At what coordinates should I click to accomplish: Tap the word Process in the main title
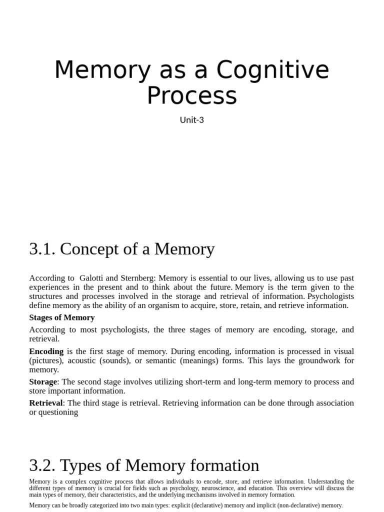[191, 95]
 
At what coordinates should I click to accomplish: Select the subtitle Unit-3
[192, 120]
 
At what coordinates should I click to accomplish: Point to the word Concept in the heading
[91, 248]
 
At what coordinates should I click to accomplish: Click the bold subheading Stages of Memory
[62, 317]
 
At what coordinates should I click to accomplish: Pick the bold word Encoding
[46, 351]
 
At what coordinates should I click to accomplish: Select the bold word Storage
[43, 381]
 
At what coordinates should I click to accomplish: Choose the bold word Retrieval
[46, 402]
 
